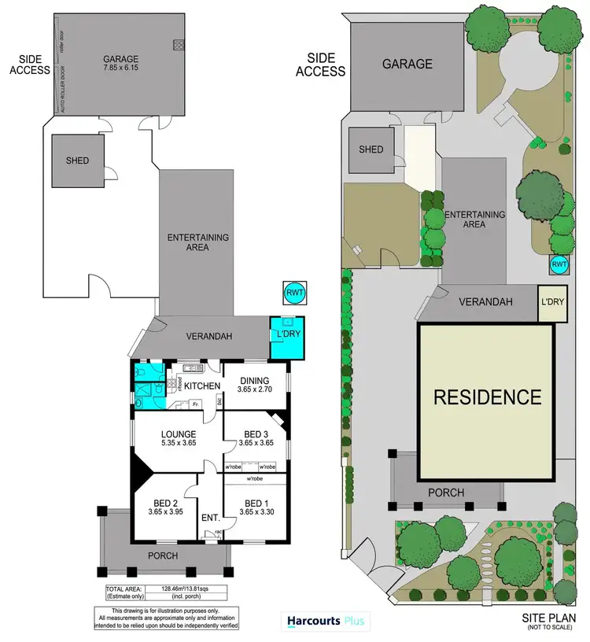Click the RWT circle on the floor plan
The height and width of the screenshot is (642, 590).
pos(294,293)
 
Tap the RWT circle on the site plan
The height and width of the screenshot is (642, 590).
pos(559,264)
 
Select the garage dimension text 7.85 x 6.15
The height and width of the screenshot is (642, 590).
pos(120,69)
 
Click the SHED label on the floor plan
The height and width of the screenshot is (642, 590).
pos(77,160)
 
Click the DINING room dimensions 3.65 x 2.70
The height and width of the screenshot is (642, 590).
pos(255,389)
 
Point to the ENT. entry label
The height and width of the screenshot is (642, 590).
pos(210,518)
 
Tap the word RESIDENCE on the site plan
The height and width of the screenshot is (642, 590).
pos(487,397)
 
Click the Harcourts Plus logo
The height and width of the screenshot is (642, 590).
pos(323,622)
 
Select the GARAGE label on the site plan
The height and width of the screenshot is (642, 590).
pos(407,64)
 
